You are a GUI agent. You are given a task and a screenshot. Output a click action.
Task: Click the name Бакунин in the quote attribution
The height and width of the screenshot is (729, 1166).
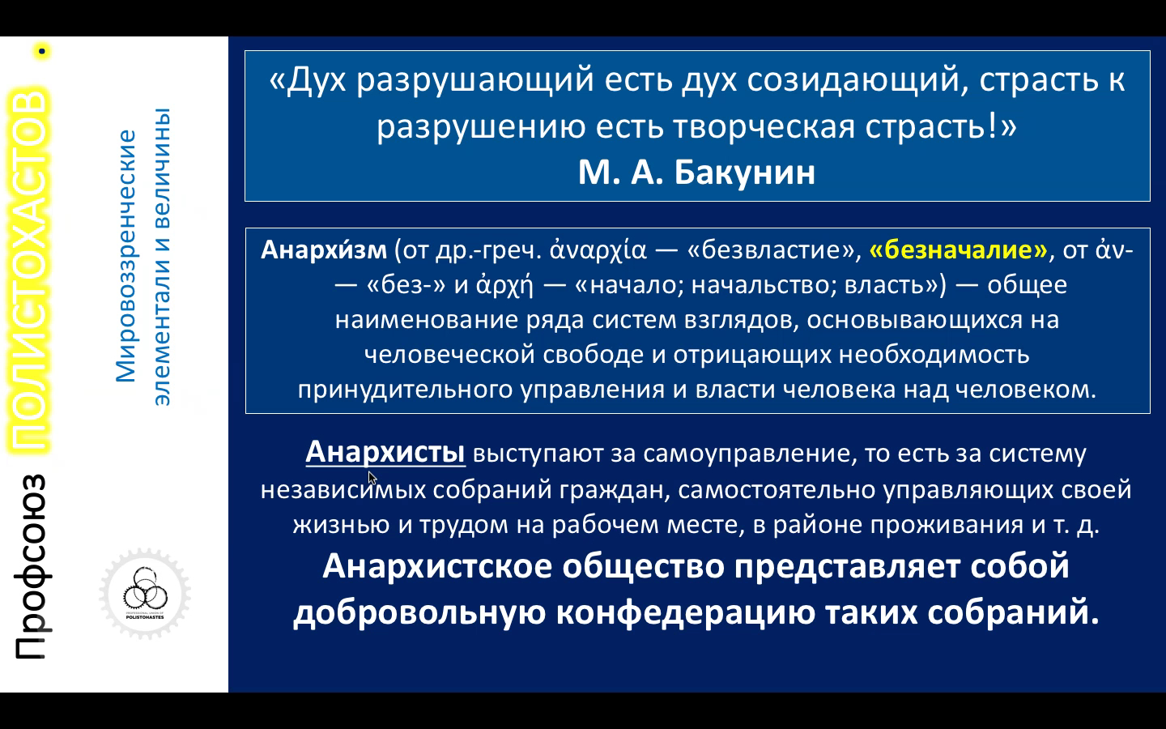745,173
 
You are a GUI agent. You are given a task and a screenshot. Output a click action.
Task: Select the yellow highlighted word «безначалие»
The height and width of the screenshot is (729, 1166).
959,250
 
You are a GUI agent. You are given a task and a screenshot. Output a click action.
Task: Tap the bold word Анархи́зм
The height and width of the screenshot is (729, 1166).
324,249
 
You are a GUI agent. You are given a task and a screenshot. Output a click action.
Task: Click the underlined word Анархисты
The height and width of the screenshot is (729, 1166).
385,451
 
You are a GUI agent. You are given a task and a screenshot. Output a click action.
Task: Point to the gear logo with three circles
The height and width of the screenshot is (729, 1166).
145,593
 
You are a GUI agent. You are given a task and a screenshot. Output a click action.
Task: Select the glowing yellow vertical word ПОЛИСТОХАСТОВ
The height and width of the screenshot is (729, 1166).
28,271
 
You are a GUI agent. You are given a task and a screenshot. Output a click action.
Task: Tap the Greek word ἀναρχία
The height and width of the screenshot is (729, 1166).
598,250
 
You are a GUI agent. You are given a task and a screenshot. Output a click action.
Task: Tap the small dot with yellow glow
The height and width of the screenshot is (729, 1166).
41,51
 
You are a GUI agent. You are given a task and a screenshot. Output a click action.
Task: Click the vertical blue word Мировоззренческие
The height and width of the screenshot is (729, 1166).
126,256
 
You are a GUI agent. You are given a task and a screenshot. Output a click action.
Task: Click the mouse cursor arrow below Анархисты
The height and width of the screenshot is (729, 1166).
372,478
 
